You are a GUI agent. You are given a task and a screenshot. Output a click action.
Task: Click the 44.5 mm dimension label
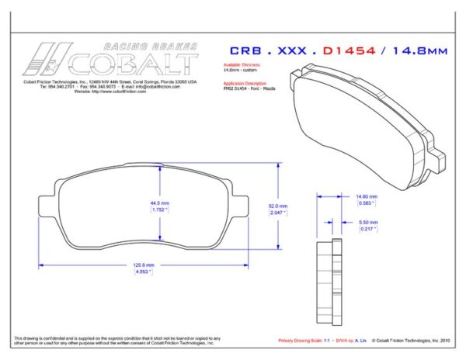coord(159,203)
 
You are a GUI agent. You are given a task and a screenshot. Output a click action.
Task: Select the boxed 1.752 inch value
coord(159,209)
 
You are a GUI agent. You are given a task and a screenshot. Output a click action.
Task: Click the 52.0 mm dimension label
coord(278,206)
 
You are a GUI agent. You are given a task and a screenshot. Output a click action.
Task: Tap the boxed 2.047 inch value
coord(278,212)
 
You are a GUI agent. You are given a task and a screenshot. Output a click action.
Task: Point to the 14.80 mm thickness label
coord(366,197)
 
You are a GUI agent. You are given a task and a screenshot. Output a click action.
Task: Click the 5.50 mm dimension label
coord(367,223)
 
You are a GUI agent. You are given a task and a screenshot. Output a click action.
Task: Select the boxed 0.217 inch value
coord(367,230)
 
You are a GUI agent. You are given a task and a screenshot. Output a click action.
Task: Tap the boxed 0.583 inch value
coord(366,204)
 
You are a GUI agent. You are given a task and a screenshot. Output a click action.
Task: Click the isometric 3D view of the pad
coord(365,124)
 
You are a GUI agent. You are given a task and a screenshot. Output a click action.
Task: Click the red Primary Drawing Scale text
coord(302,340)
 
